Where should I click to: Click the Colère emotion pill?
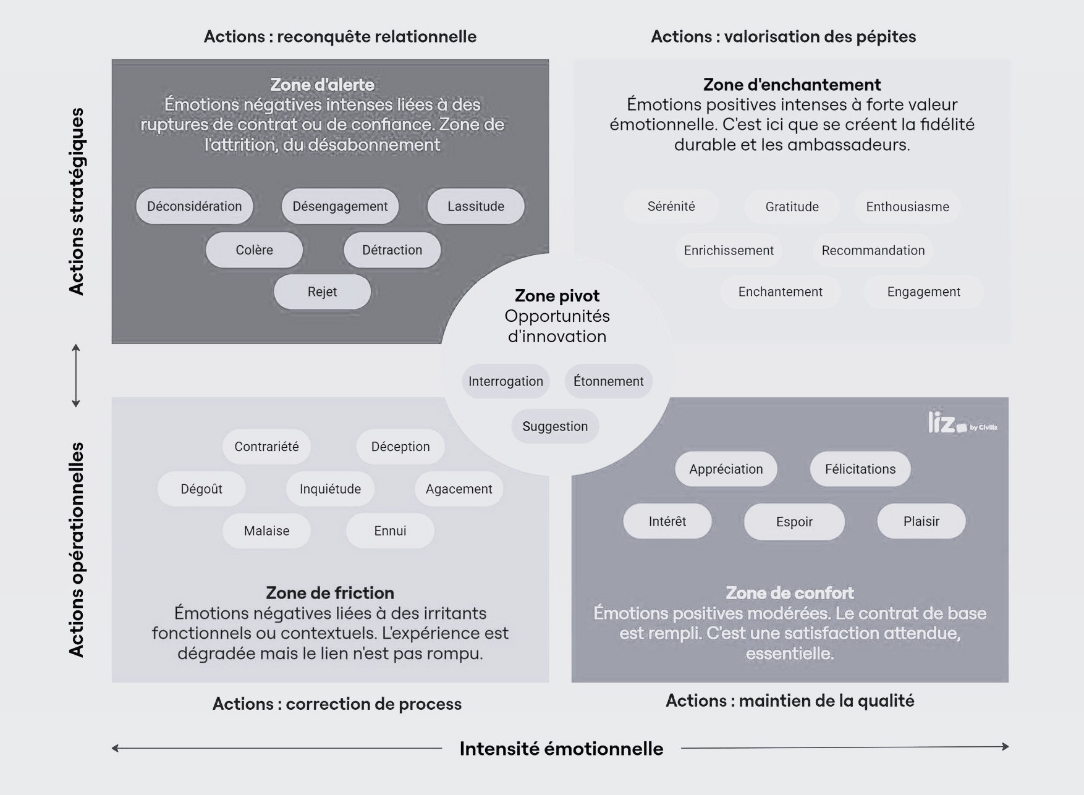pos(254,250)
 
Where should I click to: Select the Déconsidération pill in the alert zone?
pos(195,206)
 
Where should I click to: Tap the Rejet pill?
pos(322,292)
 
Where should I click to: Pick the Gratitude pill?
pos(792,206)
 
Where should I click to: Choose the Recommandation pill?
pos(873,250)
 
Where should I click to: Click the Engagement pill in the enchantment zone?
pos(923,292)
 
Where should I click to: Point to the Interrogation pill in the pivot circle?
pos(506,381)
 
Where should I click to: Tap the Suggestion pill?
pos(555,426)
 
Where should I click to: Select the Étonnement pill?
pos(608,381)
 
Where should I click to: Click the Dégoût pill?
pos(201,489)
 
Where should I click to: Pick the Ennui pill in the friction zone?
pos(390,531)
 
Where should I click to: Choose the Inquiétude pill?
pos(330,489)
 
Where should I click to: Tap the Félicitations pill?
pos(860,469)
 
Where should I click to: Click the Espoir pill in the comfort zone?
pos(794,521)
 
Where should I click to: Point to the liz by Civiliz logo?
pos(962,423)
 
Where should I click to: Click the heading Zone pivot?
pos(557,296)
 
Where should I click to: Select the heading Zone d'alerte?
pos(322,85)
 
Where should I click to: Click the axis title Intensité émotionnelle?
pos(561,749)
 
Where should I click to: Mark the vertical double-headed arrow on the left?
pos(76,376)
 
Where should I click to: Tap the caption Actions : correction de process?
pos(337,704)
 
